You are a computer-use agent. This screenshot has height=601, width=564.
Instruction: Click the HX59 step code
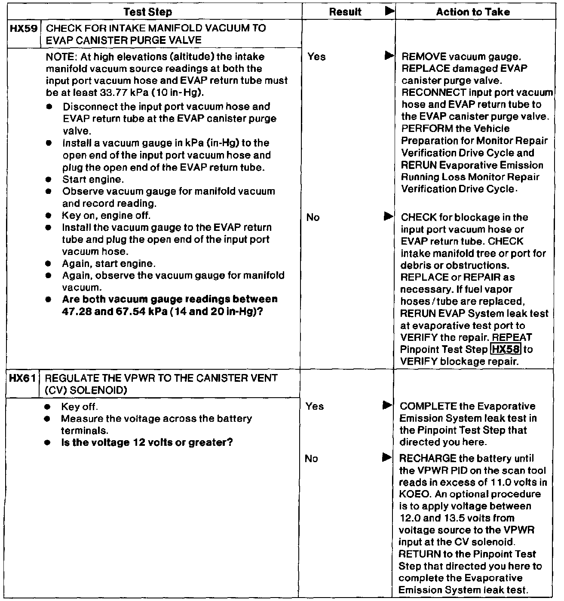click(x=25, y=29)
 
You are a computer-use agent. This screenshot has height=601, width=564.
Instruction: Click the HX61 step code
click(x=25, y=379)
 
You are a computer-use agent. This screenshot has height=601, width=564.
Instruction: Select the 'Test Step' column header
click(x=147, y=12)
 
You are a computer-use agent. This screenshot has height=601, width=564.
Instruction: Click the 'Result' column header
click(x=345, y=12)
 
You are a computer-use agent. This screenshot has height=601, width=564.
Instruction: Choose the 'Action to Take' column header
click(x=473, y=12)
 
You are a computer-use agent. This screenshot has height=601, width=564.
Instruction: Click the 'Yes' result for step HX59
click(x=316, y=57)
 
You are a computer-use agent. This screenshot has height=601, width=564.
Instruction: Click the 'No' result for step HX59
click(x=313, y=218)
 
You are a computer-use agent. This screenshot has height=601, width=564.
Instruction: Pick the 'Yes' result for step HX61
click(x=315, y=406)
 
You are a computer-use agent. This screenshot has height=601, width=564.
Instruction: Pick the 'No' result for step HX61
click(x=311, y=459)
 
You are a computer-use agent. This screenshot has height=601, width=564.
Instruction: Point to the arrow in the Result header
click(x=389, y=12)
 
